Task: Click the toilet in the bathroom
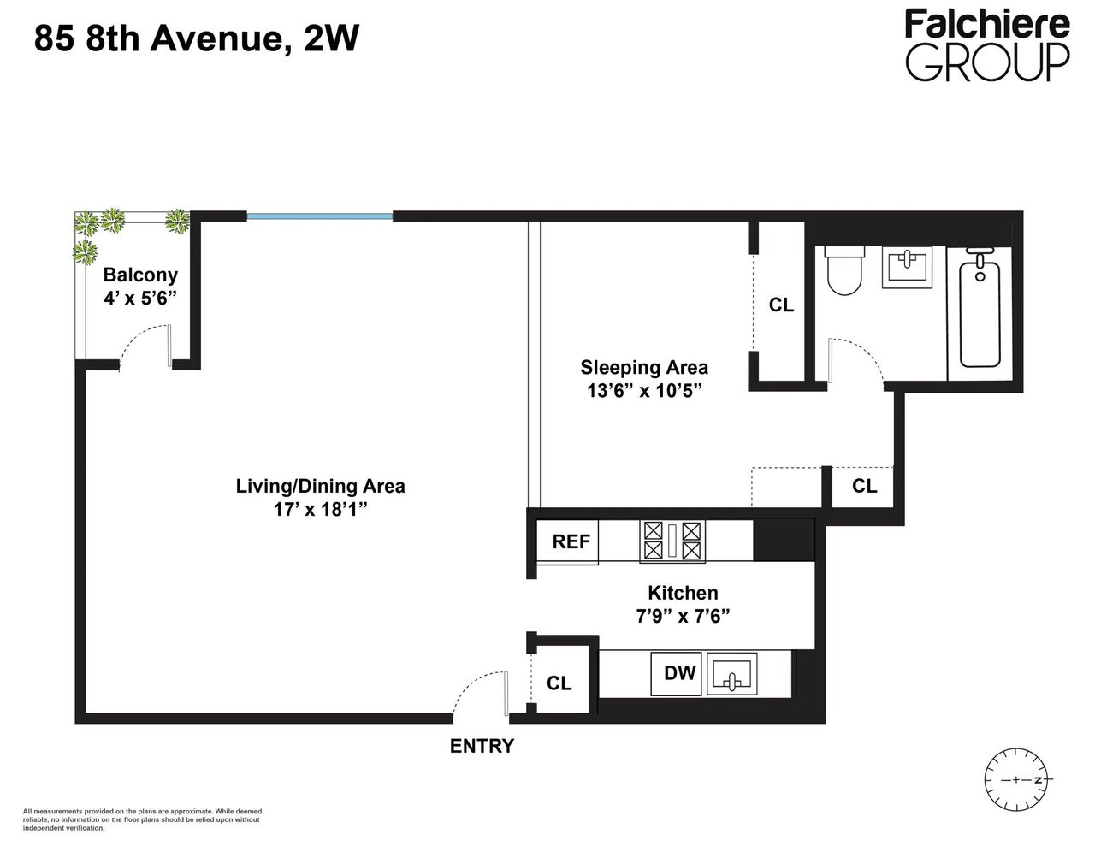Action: click(843, 270)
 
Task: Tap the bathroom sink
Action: click(909, 266)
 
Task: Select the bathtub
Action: click(980, 314)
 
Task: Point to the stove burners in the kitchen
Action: click(672, 541)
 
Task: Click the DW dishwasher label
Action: click(680, 673)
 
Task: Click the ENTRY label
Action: click(482, 746)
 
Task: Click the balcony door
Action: click(145, 346)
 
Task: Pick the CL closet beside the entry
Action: click(559, 683)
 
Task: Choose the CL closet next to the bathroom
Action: click(781, 305)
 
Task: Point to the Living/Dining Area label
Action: click(320, 486)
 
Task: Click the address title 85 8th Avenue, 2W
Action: click(195, 39)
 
